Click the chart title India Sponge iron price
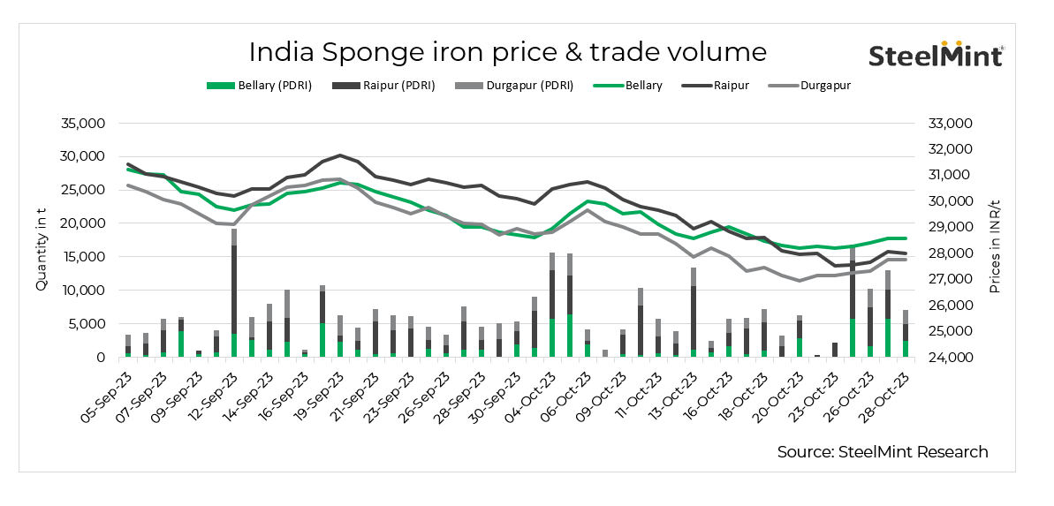[507, 51]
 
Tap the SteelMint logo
[936, 55]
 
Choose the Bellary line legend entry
[629, 86]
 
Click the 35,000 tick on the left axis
[80, 123]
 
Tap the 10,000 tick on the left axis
[80, 291]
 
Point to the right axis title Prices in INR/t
[995, 240]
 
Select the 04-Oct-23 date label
[535, 391]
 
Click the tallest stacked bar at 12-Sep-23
[234, 291]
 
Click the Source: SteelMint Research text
[882, 452]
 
